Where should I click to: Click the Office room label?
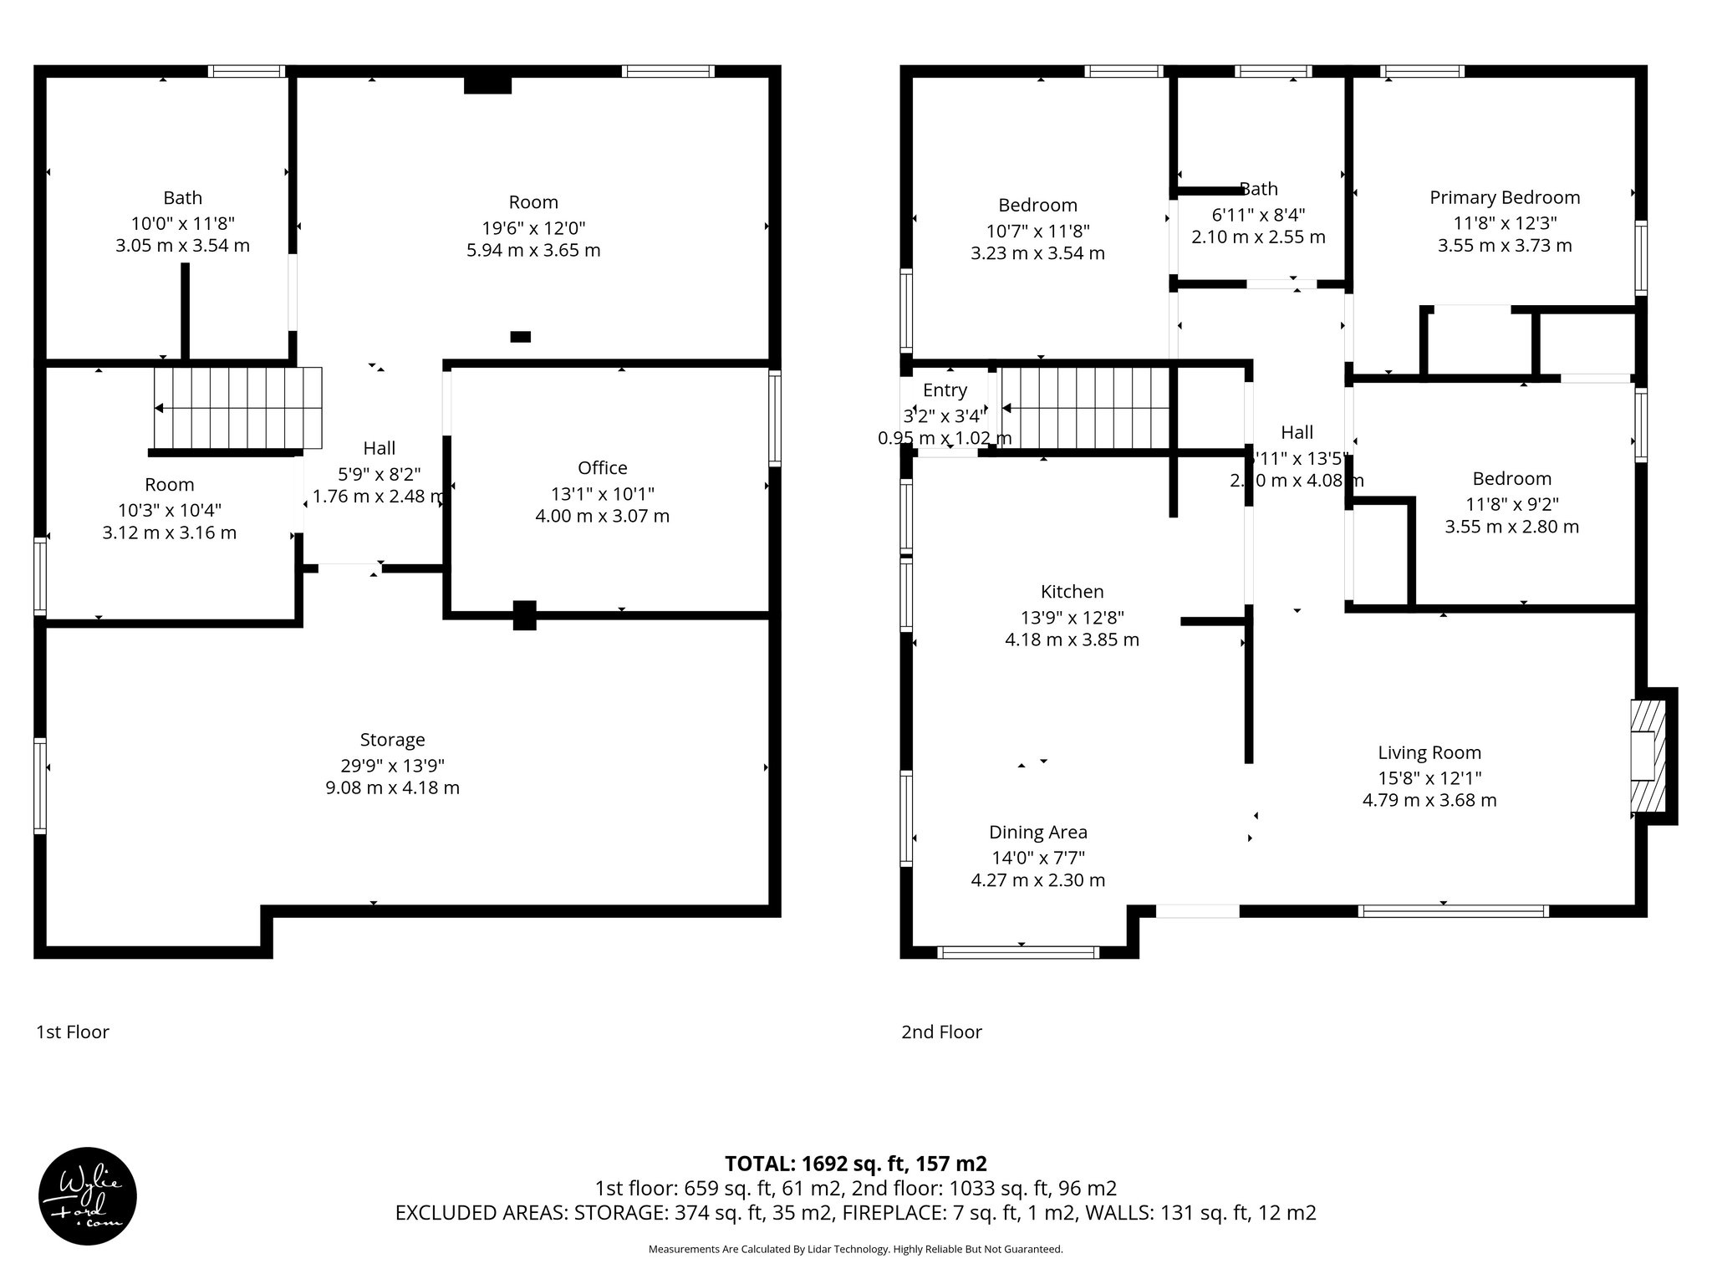(x=602, y=468)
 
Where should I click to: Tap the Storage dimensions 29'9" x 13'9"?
(x=392, y=765)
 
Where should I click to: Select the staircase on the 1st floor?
(x=238, y=408)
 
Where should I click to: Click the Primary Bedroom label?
(x=1505, y=198)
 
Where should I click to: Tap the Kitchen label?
(x=1072, y=592)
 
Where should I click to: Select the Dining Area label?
(x=1037, y=833)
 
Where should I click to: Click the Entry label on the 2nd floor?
(x=945, y=390)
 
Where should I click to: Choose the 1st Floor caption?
(x=73, y=1032)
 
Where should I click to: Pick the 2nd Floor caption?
(x=941, y=1032)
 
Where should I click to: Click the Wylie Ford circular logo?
(x=87, y=1196)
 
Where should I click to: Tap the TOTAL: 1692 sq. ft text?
(x=854, y=1164)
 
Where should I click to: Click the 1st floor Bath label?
(x=182, y=198)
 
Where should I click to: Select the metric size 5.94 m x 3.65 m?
(x=533, y=251)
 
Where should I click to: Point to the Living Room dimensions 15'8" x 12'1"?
(x=1429, y=778)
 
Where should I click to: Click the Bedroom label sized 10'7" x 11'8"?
(x=1037, y=206)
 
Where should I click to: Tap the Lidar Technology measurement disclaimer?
(x=855, y=1249)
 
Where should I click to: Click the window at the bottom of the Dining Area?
(x=1018, y=952)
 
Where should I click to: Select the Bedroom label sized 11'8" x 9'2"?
(x=1511, y=479)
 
